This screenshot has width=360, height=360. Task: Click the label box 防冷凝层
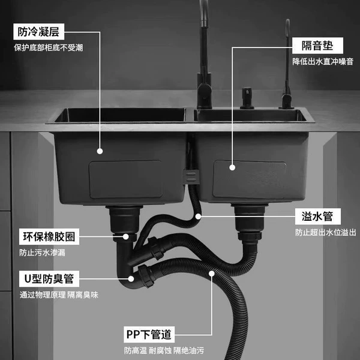point(38,32)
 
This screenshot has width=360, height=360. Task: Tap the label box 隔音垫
point(317,46)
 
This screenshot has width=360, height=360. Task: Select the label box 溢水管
point(318,216)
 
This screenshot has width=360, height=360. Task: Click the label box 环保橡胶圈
point(49,236)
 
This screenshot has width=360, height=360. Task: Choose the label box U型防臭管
point(49,279)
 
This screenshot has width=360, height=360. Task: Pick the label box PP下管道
point(149,334)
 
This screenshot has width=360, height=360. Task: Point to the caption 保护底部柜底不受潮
point(49,48)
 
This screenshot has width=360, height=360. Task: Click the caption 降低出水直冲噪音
point(323,62)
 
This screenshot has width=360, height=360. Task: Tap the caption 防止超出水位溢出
point(326,232)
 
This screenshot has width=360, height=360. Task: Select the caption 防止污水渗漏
point(42,253)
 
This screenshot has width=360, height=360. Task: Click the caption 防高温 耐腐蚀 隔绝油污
point(164,350)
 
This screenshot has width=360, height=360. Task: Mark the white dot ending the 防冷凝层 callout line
point(100,151)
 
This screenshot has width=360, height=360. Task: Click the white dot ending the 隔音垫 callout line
point(232,167)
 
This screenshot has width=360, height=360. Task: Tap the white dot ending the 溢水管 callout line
point(198,216)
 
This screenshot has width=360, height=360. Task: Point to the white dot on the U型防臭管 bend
point(131,279)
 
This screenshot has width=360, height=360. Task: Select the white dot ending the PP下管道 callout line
point(212,274)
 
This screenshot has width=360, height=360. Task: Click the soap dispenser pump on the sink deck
point(247,98)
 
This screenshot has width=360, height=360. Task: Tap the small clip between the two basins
point(191,176)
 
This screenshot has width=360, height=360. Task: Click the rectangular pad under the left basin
point(126,179)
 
